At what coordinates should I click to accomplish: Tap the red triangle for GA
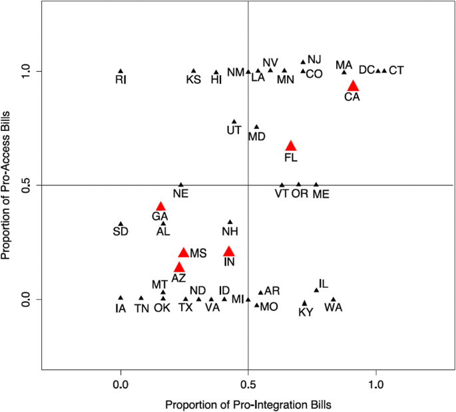click(x=160, y=207)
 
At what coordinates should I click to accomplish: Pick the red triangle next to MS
click(x=183, y=253)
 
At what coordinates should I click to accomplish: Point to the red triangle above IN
click(x=229, y=251)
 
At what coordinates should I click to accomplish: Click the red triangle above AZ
click(x=178, y=267)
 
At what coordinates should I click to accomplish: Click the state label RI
click(x=120, y=80)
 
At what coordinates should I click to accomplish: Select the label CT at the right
click(x=395, y=70)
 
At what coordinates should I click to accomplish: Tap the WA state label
click(x=334, y=308)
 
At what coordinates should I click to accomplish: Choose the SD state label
click(x=120, y=231)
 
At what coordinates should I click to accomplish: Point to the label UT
click(x=234, y=130)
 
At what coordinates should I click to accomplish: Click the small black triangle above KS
click(x=194, y=70)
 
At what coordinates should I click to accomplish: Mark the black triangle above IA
click(x=120, y=298)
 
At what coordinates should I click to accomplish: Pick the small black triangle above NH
click(x=230, y=222)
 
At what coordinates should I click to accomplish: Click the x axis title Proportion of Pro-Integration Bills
click(x=248, y=404)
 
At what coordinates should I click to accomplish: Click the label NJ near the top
click(x=314, y=59)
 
